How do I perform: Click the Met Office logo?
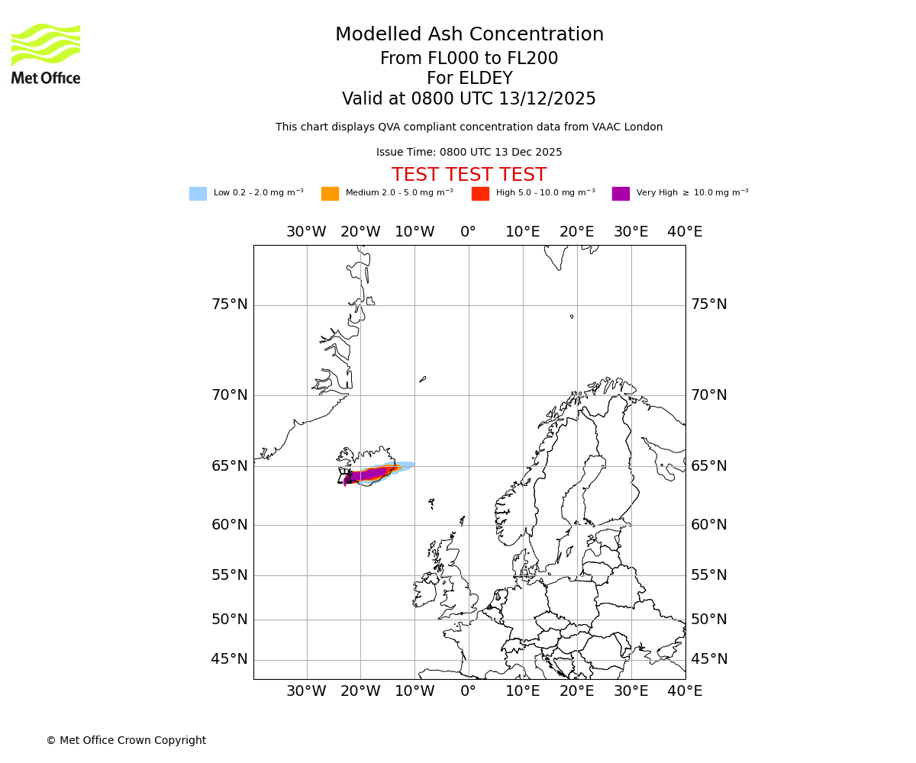pyautogui.click(x=46, y=53)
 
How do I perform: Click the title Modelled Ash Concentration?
pyautogui.click(x=469, y=35)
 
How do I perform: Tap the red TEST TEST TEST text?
pyautogui.click(x=469, y=175)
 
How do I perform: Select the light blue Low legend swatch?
pyautogui.click(x=198, y=194)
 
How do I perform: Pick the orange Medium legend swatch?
pyautogui.click(x=330, y=194)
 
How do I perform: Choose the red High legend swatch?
pyautogui.click(x=480, y=194)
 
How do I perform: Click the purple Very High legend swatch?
pyautogui.click(x=621, y=194)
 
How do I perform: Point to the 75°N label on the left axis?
pyautogui.click(x=229, y=304)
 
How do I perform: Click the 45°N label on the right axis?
pyautogui.click(x=709, y=659)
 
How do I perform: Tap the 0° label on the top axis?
pyautogui.click(x=469, y=232)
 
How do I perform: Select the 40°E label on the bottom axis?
pyautogui.click(x=685, y=691)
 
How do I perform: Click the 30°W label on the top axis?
pyautogui.click(x=306, y=232)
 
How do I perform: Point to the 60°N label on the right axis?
pyautogui.click(x=709, y=525)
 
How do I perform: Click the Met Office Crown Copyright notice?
pyautogui.click(x=126, y=741)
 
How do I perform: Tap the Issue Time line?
pyautogui.click(x=469, y=153)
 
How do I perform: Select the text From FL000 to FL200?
pyautogui.click(x=469, y=59)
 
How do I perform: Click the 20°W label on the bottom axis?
pyautogui.click(x=360, y=691)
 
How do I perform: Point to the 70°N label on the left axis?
pyautogui.click(x=229, y=395)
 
